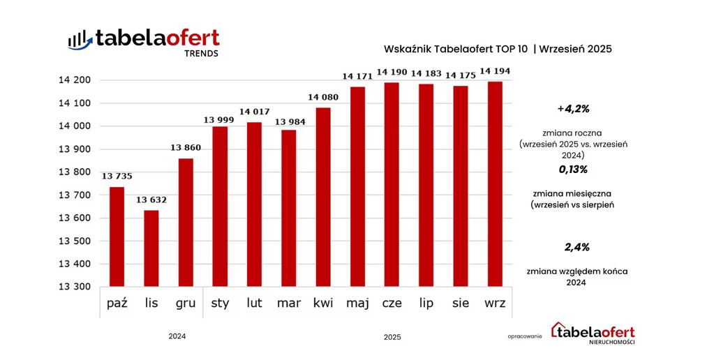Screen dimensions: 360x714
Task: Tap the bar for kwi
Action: (323, 197)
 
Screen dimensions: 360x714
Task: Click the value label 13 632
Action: (151, 200)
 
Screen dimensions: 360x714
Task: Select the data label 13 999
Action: (220, 120)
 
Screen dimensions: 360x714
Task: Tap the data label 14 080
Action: (323, 98)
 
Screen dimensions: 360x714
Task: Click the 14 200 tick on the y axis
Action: (73, 80)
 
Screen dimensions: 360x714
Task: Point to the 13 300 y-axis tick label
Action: (73, 287)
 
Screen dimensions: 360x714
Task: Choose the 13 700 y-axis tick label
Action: (73, 195)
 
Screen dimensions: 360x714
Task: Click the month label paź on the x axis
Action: (117, 303)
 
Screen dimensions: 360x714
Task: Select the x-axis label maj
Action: (357, 303)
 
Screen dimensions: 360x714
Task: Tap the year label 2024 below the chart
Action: (177, 336)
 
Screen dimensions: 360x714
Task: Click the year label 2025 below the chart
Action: (392, 338)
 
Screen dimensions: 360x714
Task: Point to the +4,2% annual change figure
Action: (573, 109)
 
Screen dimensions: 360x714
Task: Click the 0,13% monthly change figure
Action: (573, 170)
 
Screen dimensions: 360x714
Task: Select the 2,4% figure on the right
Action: (577, 247)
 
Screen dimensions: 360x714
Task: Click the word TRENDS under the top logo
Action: (201, 54)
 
